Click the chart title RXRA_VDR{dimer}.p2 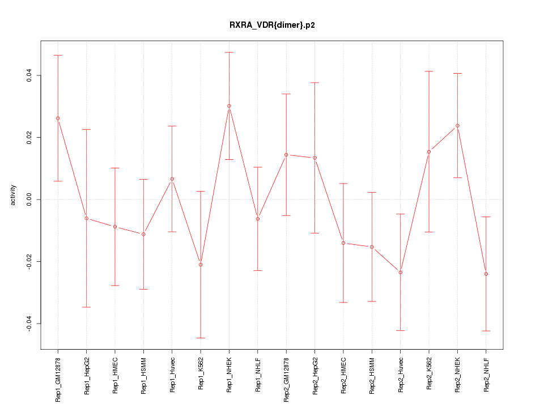pyautogui.click(x=271, y=25)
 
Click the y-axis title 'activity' pyautogui.click(x=14, y=195)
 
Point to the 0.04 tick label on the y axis pyautogui.click(x=29, y=75)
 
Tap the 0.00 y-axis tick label pyautogui.click(x=29, y=199)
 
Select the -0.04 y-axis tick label pyautogui.click(x=29, y=324)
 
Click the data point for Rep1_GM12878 pyautogui.click(x=58, y=118)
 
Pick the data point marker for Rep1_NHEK pyautogui.click(x=229, y=106)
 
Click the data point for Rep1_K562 pyautogui.click(x=201, y=265)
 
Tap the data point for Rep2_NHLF pyautogui.click(x=486, y=274)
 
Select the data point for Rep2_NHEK pyautogui.click(x=457, y=126)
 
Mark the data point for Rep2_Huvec pyautogui.click(x=401, y=272)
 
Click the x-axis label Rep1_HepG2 pyautogui.click(x=87, y=375)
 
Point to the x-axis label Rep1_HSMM pyautogui.click(x=144, y=375)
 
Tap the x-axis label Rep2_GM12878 pyautogui.click(x=286, y=378)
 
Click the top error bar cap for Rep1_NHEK pyautogui.click(x=229, y=52)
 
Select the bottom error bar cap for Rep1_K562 pyautogui.click(x=201, y=338)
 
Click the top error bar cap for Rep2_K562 pyautogui.click(x=429, y=71)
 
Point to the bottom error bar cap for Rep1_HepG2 pyautogui.click(x=87, y=307)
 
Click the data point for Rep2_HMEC pyautogui.click(x=343, y=243)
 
